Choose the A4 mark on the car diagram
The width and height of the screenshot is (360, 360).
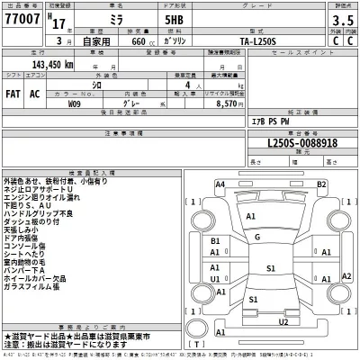(220, 184)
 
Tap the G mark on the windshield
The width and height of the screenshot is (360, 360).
(257, 238)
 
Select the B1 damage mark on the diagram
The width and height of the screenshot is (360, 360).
(215, 242)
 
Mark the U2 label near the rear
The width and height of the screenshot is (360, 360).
(283, 321)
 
